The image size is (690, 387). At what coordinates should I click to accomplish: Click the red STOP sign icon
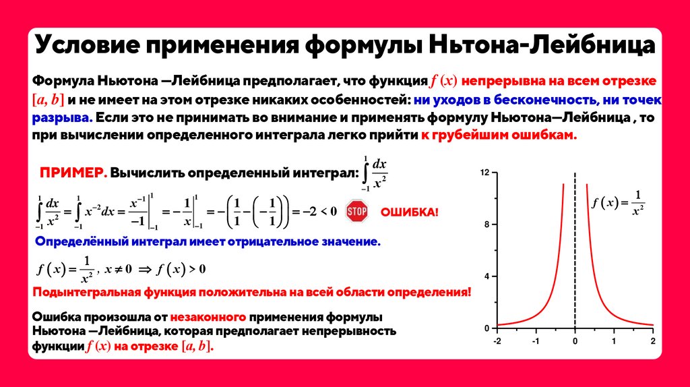tap(356, 212)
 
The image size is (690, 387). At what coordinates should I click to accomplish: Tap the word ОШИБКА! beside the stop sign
tap(410, 212)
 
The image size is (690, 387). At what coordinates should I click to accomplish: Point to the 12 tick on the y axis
tap(484, 173)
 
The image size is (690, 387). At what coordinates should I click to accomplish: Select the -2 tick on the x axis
tap(497, 340)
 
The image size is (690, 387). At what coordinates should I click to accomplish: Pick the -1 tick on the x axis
tap(535, 340)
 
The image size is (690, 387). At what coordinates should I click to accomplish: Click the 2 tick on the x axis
tap(653, 340)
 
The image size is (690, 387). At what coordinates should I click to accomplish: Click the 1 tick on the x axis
tap(614, 340)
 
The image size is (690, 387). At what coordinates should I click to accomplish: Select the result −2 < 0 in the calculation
tap(319, 211)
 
